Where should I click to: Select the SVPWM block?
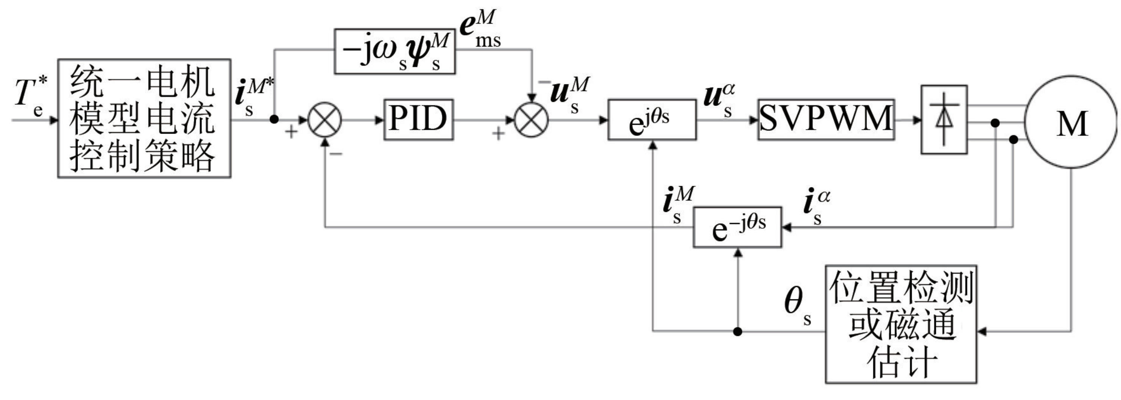click(826, 120)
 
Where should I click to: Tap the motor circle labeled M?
click(1071, 122)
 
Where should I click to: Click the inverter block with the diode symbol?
click(944, 120)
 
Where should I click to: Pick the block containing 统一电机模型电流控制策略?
click(144, 118)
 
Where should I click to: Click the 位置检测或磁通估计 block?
click(901, 324)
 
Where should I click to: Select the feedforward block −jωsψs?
click(394, 52)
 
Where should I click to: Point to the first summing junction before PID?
click(324, 120)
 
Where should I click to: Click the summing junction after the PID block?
click(531, 120)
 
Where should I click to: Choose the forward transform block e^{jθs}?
click(652, 120)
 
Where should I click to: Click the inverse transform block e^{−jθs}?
click(737, 227)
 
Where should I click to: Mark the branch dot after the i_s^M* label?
click(274, 119)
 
